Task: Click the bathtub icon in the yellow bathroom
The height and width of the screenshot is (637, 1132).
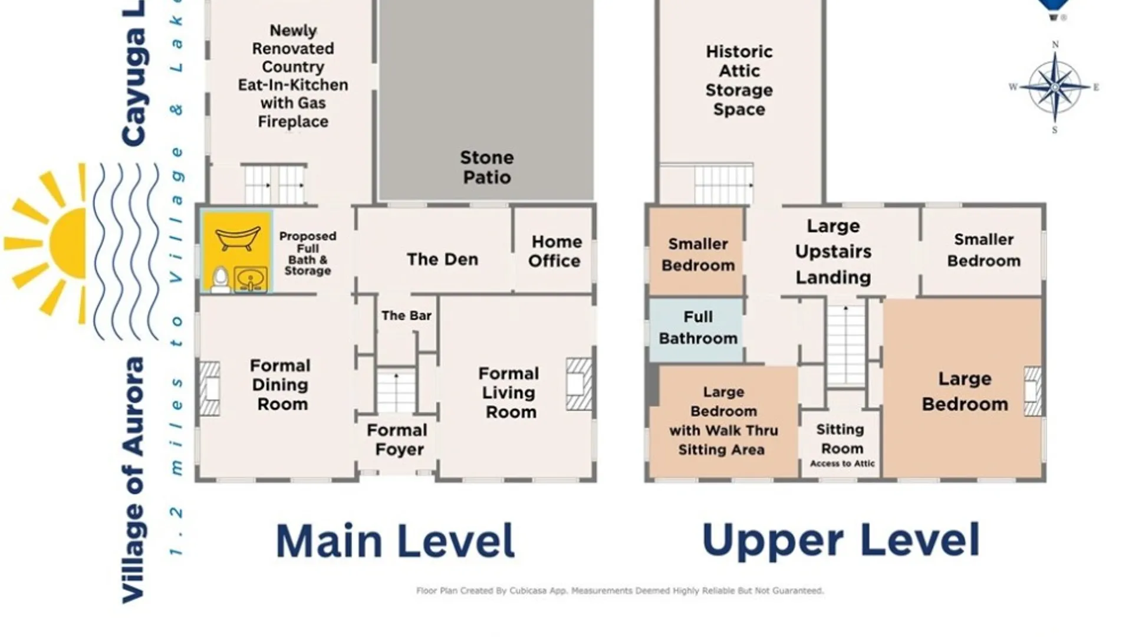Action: tap(238, 238)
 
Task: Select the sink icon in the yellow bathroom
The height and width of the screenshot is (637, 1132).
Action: tap(251, 280)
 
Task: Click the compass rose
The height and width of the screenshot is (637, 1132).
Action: tap(1055, 87)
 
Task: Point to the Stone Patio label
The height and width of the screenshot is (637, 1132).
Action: tap(486, 168)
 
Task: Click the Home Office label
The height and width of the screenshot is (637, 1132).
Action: tap(555, 251)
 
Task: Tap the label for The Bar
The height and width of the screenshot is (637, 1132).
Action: tap(406, 316)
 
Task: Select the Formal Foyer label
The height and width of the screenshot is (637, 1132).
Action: tap(397, 440)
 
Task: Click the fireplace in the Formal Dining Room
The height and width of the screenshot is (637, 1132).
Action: tap(209, 389)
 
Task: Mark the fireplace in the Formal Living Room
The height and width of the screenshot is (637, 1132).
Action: tap(578, 384)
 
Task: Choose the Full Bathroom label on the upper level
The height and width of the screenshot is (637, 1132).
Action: tap(698, 328)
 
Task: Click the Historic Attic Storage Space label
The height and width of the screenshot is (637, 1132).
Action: tap(739, 80)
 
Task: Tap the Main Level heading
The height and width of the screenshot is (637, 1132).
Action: tap(396, 541)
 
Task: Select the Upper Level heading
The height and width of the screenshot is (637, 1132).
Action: tap(841, 541)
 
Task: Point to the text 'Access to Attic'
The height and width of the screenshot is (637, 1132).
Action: tap(842, 464)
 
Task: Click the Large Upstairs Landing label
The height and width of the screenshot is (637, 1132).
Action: tap(833, 252)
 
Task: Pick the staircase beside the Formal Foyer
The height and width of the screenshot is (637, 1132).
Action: tap(396, 390)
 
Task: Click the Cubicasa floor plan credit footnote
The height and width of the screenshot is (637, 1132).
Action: tap(620, 590)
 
